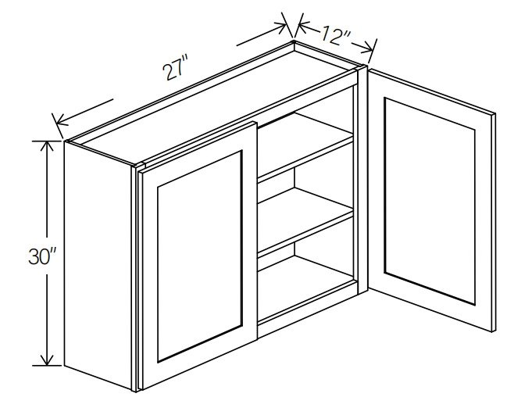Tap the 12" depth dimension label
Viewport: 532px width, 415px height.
[335, 35]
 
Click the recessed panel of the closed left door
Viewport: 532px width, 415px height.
[199, 256]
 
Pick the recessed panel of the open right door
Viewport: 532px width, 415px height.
[430, 200]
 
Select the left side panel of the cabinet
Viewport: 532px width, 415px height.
[98, 265]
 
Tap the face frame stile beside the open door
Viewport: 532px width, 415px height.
[362, 180]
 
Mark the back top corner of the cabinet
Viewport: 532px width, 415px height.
[294, 41]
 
